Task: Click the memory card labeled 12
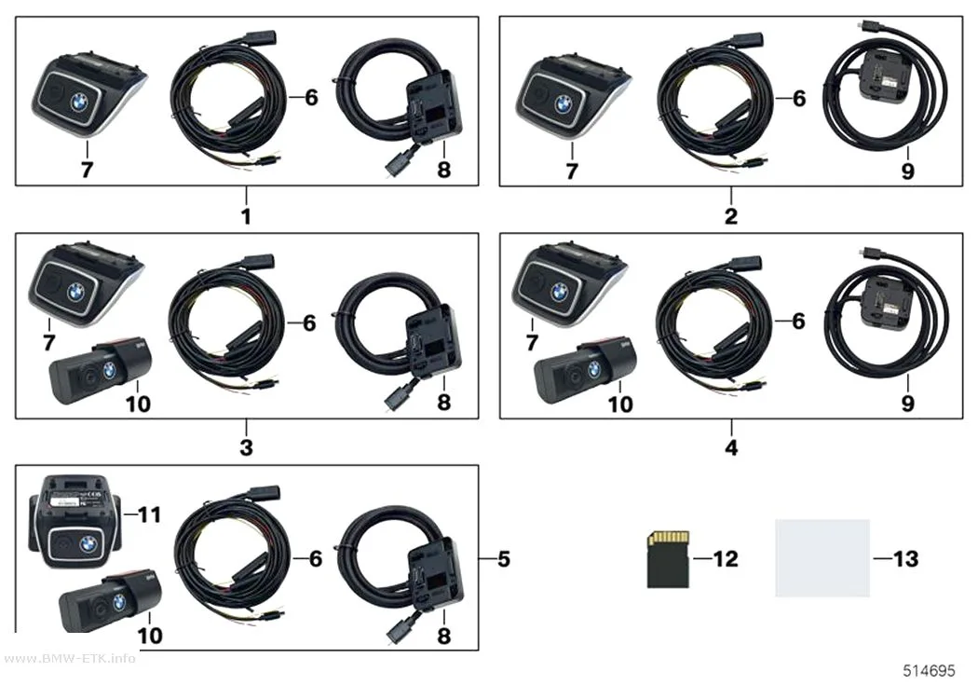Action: [x=668, y=559]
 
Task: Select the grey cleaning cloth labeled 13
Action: [x=822, y=557]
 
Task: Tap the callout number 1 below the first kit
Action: [x=247, y=216]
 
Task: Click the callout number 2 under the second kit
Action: [x=731, y=216]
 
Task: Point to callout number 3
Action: [x=247, y=446]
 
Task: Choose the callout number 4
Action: [x=731, y=446]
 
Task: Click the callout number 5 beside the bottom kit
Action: [x=504, y=559]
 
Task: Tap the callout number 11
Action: [x=150, y=514]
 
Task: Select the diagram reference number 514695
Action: [x=929, y=671]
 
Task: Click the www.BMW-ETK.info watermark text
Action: [x=69, y=658]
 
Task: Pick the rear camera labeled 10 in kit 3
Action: [x=101, y=372]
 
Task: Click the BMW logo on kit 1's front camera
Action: [x=80, y=103]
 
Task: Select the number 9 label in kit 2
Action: [x=907, y=171]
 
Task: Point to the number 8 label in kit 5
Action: [x=443, y=636]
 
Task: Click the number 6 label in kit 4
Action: [x=798, y=321]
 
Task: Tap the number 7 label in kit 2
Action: [x=571, y=171]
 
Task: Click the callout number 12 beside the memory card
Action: [x=726, y=559]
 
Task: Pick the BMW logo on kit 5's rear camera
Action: [x=119, y=601]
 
